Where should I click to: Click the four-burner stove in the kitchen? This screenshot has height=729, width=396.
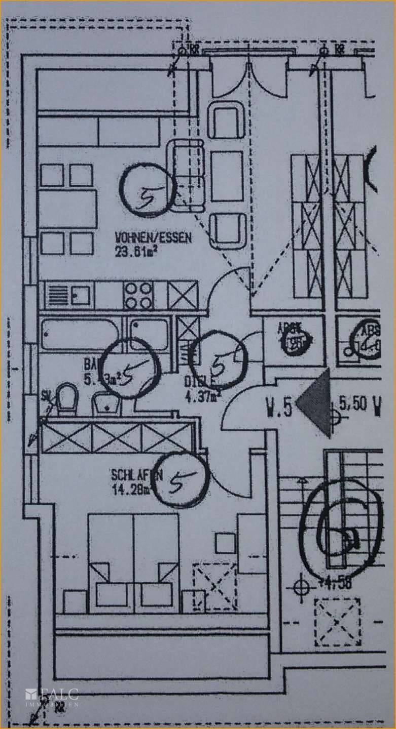[138, 295]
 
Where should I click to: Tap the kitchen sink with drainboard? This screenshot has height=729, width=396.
[68, 295]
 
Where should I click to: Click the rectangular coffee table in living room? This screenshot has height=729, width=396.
[228, 175]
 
